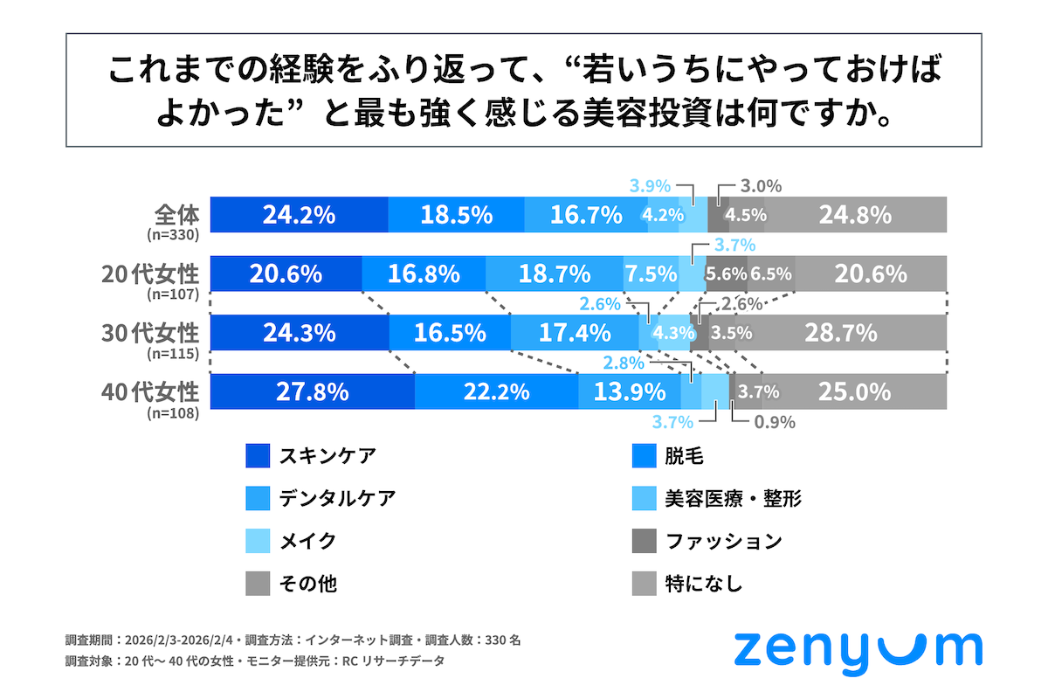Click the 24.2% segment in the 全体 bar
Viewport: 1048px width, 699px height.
299,214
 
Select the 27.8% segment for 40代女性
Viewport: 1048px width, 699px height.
312,391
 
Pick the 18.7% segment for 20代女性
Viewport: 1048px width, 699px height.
554,273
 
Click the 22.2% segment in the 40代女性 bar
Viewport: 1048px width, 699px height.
496,391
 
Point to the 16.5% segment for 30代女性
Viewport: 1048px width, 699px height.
449,333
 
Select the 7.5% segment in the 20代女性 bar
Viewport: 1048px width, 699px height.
651,273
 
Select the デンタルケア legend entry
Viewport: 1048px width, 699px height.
337,498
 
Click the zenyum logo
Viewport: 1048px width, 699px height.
857,650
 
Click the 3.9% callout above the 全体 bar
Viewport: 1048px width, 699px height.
649,185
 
